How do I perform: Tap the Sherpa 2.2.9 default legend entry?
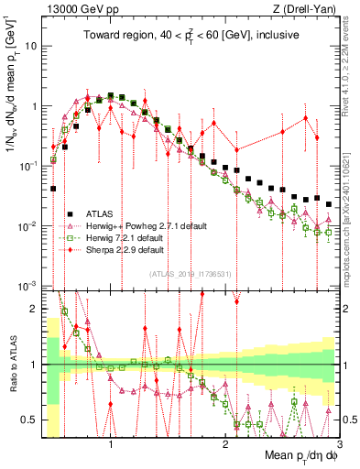127,248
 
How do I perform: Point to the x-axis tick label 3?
339,442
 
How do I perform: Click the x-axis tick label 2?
225,442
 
